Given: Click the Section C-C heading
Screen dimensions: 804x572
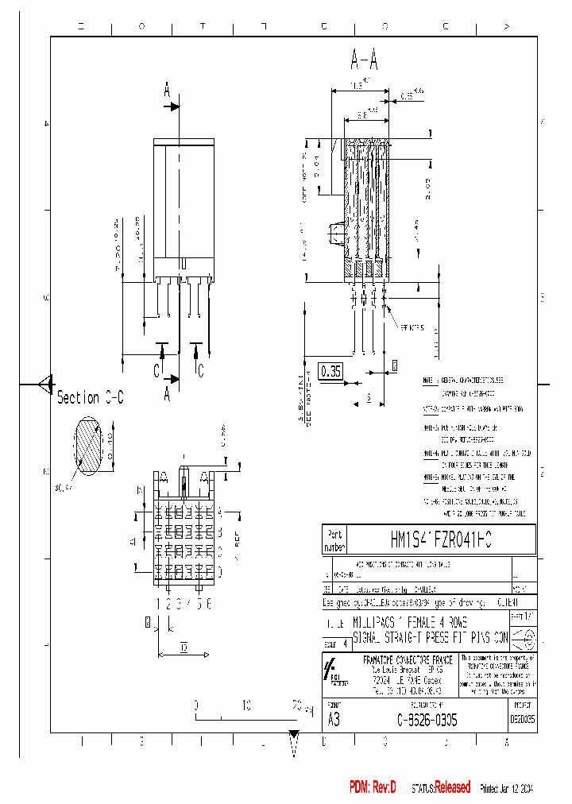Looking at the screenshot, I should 90,397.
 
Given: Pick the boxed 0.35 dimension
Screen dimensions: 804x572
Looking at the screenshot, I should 330,371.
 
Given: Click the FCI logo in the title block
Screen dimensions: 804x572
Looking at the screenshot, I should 334,672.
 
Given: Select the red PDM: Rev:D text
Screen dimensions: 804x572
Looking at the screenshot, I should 373,787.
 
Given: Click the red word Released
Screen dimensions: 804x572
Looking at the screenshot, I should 452,787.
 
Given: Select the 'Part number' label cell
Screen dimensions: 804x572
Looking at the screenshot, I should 334,540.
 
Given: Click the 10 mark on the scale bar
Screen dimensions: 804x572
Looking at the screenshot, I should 246,705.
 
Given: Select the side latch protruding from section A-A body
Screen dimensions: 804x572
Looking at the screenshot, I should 335,234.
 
